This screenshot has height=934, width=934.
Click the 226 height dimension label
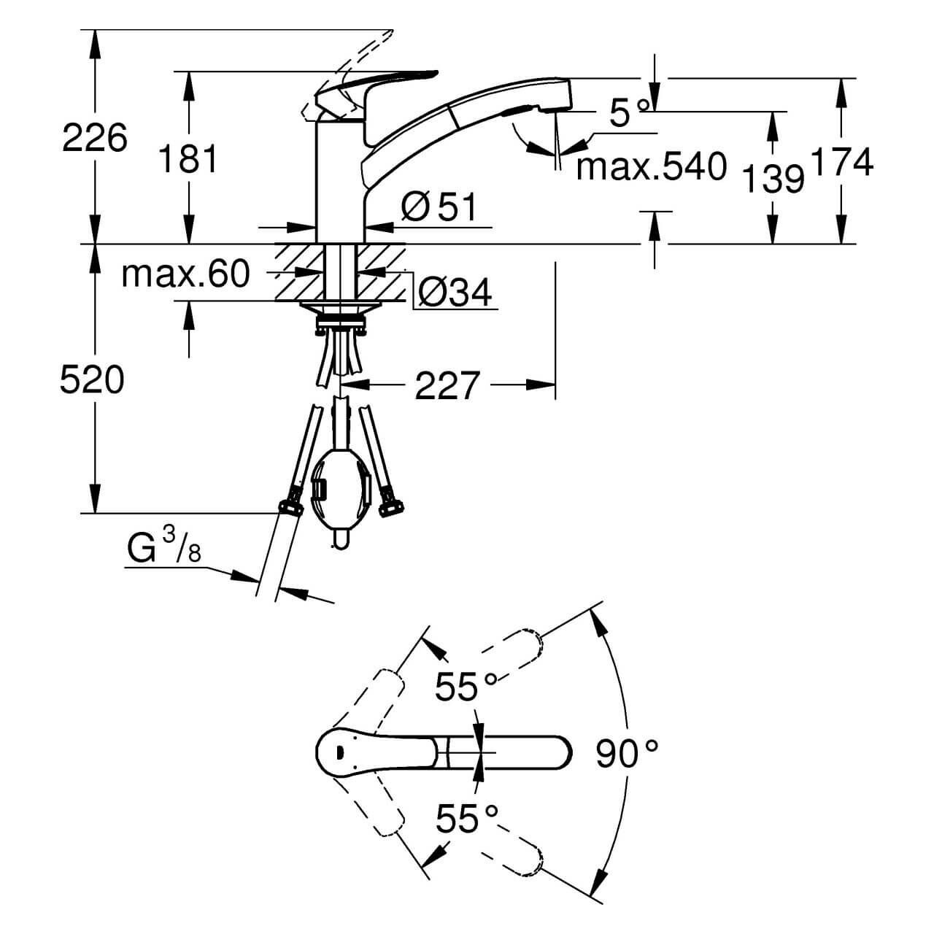click(95, 137)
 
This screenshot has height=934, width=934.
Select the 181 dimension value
click(188, 158)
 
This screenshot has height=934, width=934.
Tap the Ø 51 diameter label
click(439, 208)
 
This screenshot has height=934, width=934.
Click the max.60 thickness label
click(186, 274)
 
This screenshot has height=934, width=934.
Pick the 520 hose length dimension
click(92, 380)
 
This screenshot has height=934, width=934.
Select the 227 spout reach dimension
click(447, 385)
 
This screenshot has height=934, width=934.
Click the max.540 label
click(651, 167)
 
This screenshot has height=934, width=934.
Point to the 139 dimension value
click(773, 179)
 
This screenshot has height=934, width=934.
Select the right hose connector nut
click(390, 503)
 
